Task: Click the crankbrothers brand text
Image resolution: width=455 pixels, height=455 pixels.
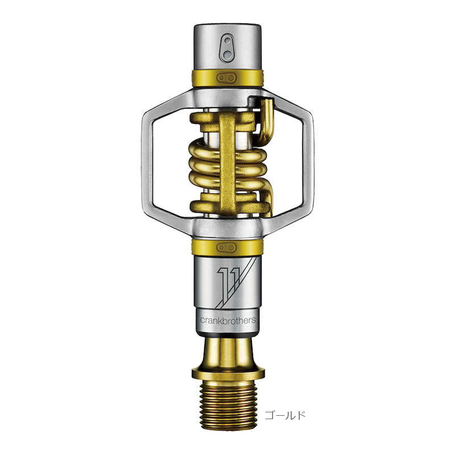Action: pos(228,320)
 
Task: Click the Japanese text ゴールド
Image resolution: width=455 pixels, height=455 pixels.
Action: pos(285,415)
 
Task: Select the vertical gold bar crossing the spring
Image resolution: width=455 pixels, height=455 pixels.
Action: pos(228,163)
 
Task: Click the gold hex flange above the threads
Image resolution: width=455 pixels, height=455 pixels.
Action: pos(228,373)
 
